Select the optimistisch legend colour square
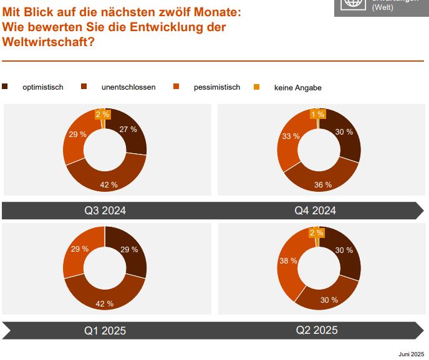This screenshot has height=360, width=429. [x=6, y=87]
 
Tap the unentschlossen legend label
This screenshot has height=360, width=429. [x=128, y=87]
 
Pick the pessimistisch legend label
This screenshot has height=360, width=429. [x=216, y=87]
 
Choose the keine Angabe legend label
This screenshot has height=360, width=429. [x=297, y=88]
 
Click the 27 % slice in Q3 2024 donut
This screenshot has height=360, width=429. [x=128, y=130]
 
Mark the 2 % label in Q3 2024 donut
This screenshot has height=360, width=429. [x=102, y=114]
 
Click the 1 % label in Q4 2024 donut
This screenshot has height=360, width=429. [x=317, y=114]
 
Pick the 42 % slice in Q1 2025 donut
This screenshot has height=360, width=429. [x=105, y=303]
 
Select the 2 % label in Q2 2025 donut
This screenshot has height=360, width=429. [x=316, y=233]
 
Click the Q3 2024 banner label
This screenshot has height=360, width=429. [x=105, y=211]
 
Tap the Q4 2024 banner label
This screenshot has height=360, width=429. [x=315, y=211]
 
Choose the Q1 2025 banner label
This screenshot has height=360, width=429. [x=105, y=330]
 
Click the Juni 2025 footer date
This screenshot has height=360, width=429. [x=412, y=353]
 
